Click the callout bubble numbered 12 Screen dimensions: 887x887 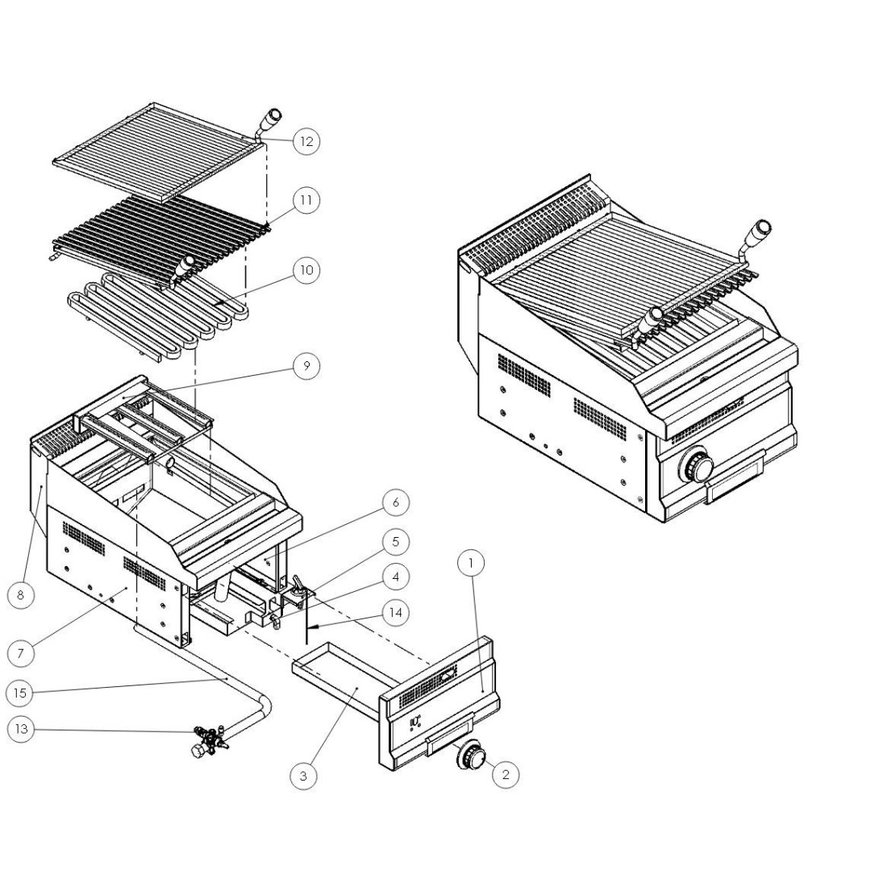click(x=306, y=141)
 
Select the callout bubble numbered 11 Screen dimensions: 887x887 click(x=306, y=199)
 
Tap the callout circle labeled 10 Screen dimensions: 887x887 click(x=306, y=270)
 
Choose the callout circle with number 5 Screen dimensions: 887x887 click(x=395, y=541)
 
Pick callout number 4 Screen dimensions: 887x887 click(x=395, y=577)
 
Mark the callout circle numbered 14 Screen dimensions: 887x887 click(x=395, y=613)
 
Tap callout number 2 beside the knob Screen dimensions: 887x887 click(x=506, y=775)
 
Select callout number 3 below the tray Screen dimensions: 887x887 click(x=303, y=776)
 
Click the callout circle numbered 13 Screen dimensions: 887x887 click(x=20, y=729)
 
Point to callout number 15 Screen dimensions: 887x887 click(x=20, y=692)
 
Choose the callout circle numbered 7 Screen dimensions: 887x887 click(x=20, y=652)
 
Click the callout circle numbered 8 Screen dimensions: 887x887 click(x=20, y=596)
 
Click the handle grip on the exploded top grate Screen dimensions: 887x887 click(x=273, y=119)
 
